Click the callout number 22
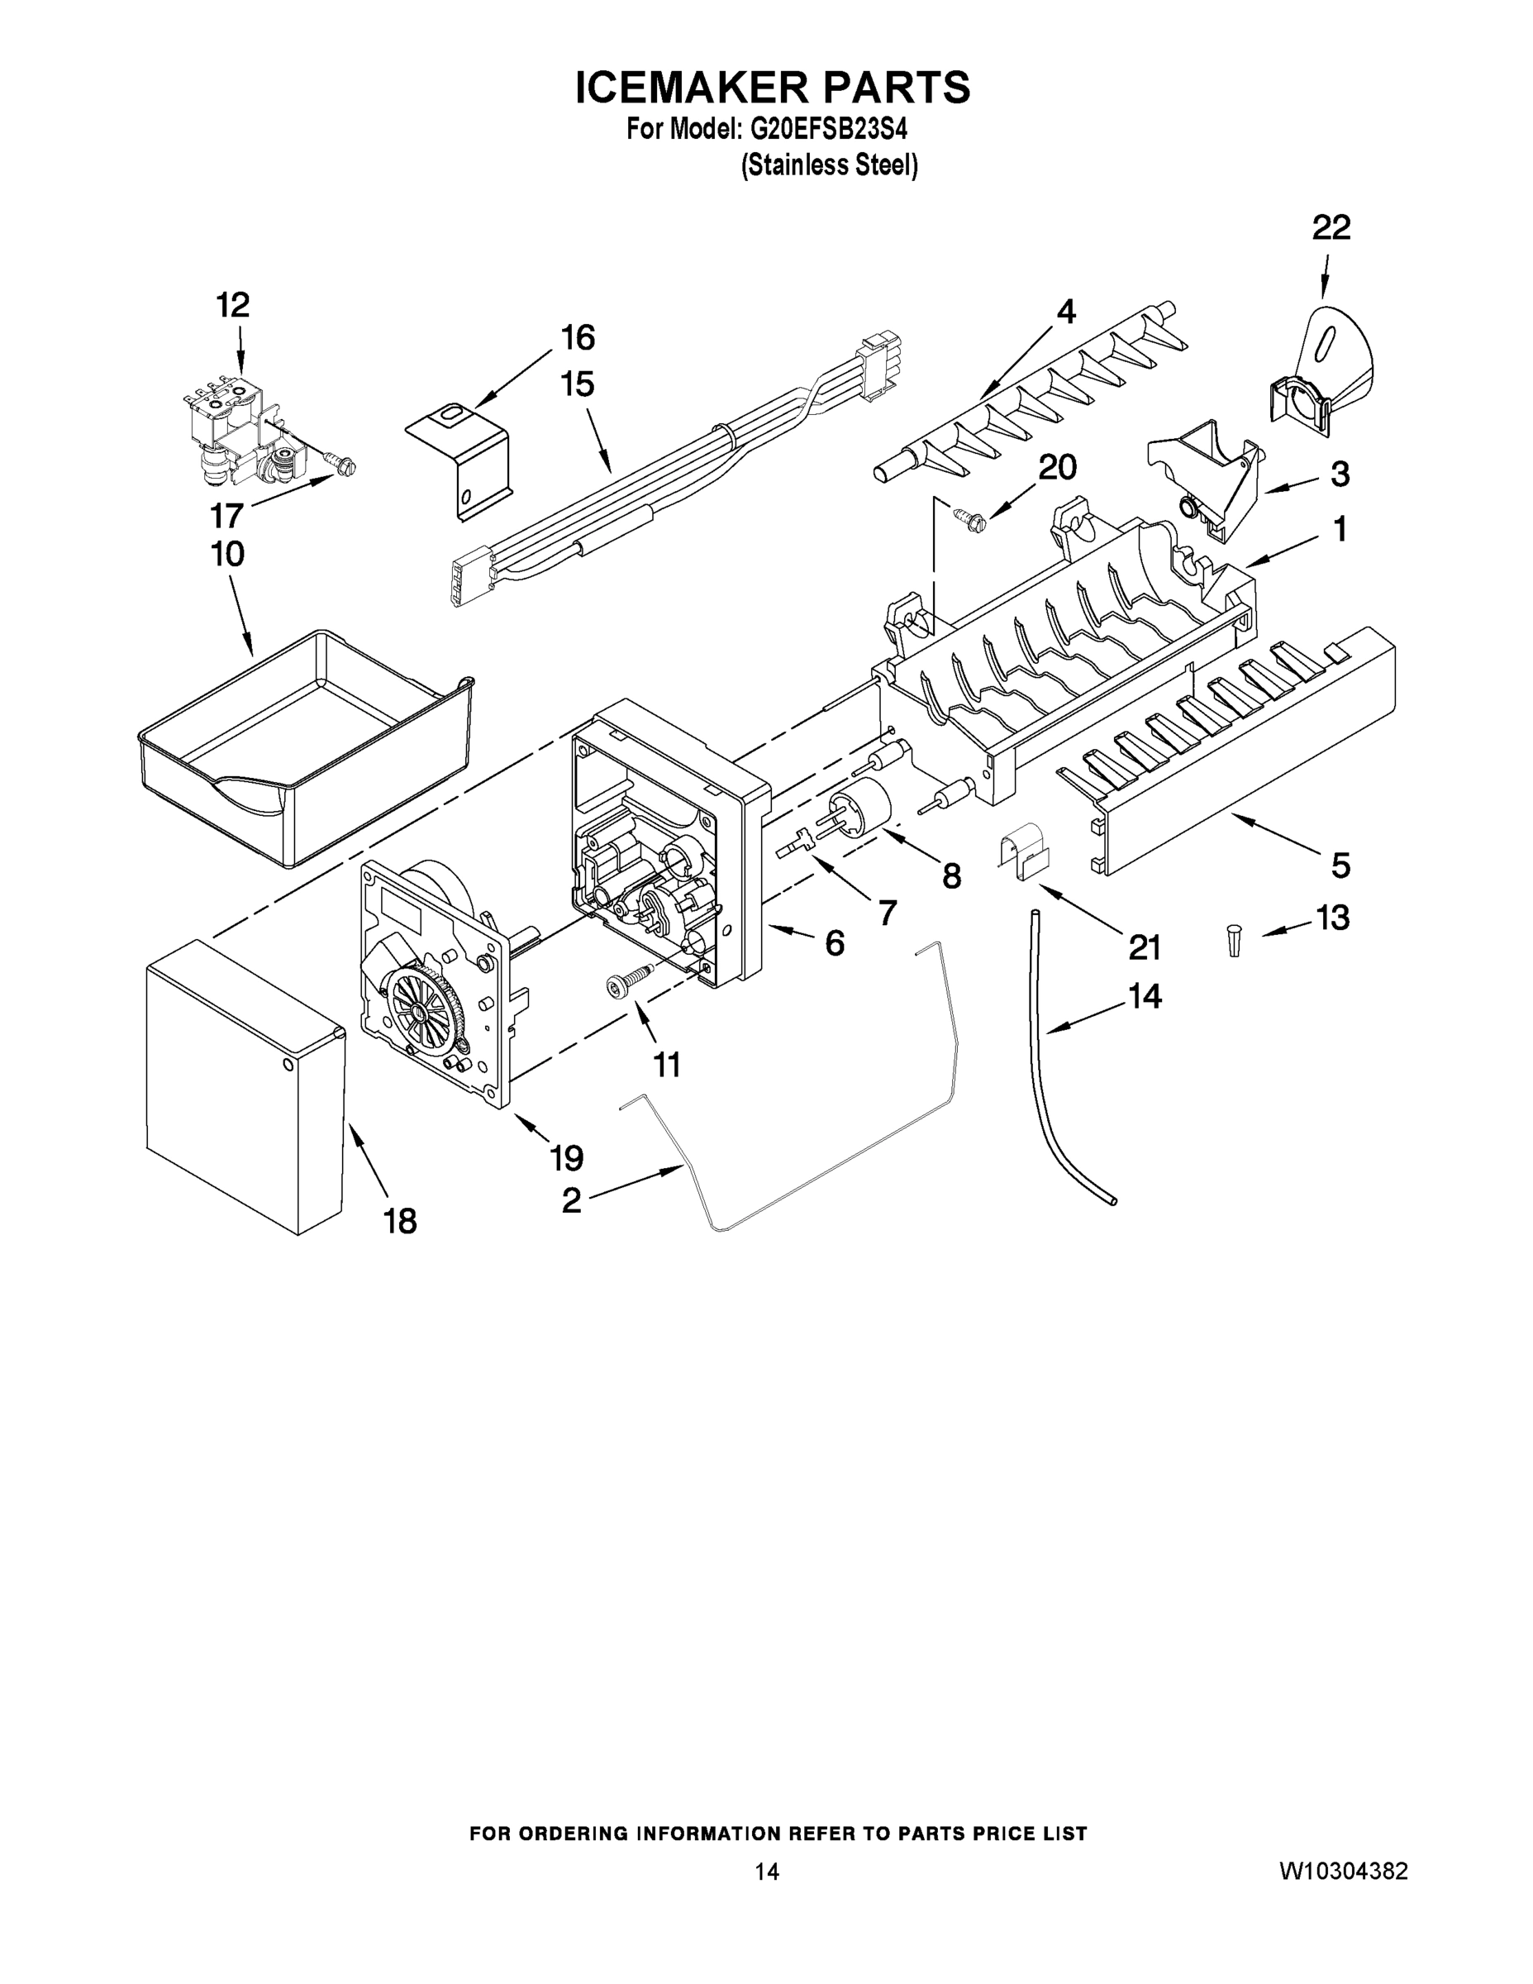coord(1331,228)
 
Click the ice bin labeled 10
coord(304,745)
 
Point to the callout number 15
coord(578,385)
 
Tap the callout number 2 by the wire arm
coord(571,1201)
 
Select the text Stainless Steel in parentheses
coord(829,165)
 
